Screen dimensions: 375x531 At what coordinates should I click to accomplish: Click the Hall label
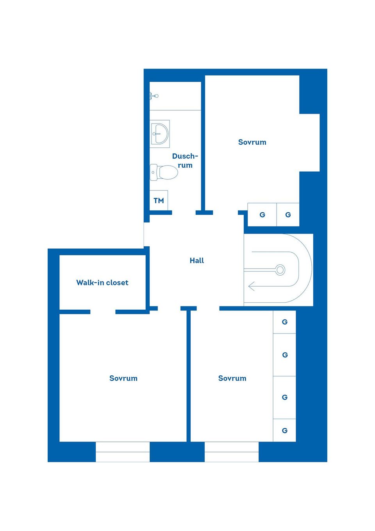click(196, 260)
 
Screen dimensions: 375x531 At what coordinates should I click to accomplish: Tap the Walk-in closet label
click(102, 282)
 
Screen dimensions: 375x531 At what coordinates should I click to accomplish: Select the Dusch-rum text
click(185, 160)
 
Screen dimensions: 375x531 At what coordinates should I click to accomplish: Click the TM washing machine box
click(159, 200)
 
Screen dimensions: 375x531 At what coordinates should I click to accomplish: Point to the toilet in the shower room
click(164, 172)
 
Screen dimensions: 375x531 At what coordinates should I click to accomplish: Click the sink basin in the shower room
click(160, 134)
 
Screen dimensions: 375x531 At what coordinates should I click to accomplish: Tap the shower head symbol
click(154, 96)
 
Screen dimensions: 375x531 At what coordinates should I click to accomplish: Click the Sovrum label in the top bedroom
click(252, 142)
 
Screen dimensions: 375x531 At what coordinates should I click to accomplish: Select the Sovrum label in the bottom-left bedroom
click(123, 378)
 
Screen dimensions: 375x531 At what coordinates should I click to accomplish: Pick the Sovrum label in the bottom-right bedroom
click(232, 378)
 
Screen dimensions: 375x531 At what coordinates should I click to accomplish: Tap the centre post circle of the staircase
click(280, 270)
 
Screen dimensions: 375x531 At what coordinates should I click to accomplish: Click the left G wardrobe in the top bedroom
click(262, 215)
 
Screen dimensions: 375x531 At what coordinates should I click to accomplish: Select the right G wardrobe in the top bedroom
click(288, 215)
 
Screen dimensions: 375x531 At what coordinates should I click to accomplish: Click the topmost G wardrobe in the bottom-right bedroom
click(284, 322)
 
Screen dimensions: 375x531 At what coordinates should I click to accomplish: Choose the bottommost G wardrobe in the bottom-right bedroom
click(284, 430)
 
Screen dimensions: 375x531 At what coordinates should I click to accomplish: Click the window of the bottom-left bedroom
click(123, 452)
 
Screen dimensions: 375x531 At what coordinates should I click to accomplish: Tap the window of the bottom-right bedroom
click(232, 452)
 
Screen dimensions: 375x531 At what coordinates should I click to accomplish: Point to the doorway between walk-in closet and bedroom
click(103, 312)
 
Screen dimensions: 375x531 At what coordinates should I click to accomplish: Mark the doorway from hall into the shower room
click(184, 213)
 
